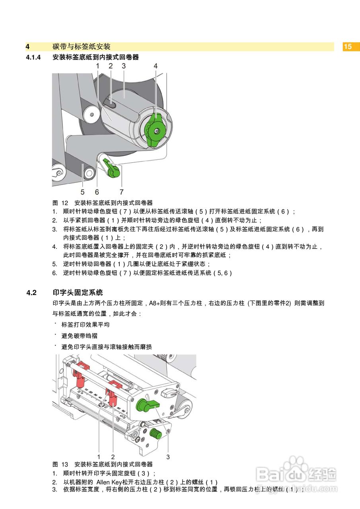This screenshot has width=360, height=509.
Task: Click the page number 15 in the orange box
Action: coord(348,47)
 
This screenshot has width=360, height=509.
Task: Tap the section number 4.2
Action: coord(31,293)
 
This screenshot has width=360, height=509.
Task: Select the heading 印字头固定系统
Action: coord(78,293)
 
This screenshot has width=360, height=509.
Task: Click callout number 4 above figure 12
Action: coord(156,66)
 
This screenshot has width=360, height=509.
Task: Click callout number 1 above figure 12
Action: coord(97,66)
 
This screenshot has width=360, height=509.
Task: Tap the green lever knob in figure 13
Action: coord(146,406)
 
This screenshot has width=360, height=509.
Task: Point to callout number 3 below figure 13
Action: coord(168,457)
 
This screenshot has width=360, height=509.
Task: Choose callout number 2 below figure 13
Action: coord(113,457)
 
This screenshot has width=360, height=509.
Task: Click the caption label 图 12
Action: coord(61,203)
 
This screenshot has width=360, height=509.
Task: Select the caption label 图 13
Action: coord(61,464)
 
